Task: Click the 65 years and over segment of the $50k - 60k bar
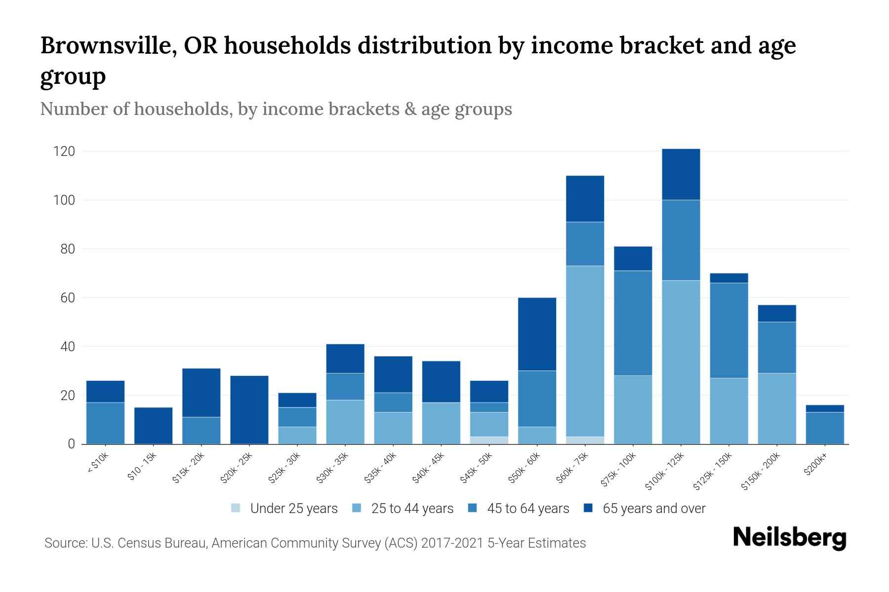tap(537, 334)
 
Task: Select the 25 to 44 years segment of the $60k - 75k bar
tap(585, 351)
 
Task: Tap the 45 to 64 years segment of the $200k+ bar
tap(824, 428)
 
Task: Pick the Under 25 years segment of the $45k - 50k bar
tap(489, 440)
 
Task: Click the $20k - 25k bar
tap(249, 410)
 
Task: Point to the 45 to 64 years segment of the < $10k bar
tap(105, 423)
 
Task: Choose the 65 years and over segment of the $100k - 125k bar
tap(681, 174)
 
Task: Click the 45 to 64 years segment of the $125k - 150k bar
tap(728, 331)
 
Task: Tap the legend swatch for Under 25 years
tap(236, 508)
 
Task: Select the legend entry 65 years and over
tap(653, 509)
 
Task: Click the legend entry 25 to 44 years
tap(412, 509)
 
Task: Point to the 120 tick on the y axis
tap(64, 151)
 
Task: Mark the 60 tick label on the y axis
tap(67, 298)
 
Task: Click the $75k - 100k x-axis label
tap(619, 472)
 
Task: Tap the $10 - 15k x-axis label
tap(142, 468)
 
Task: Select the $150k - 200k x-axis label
tap(761, 474)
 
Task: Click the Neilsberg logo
tap(789, 538)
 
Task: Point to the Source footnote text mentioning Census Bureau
tap(315, 543)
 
